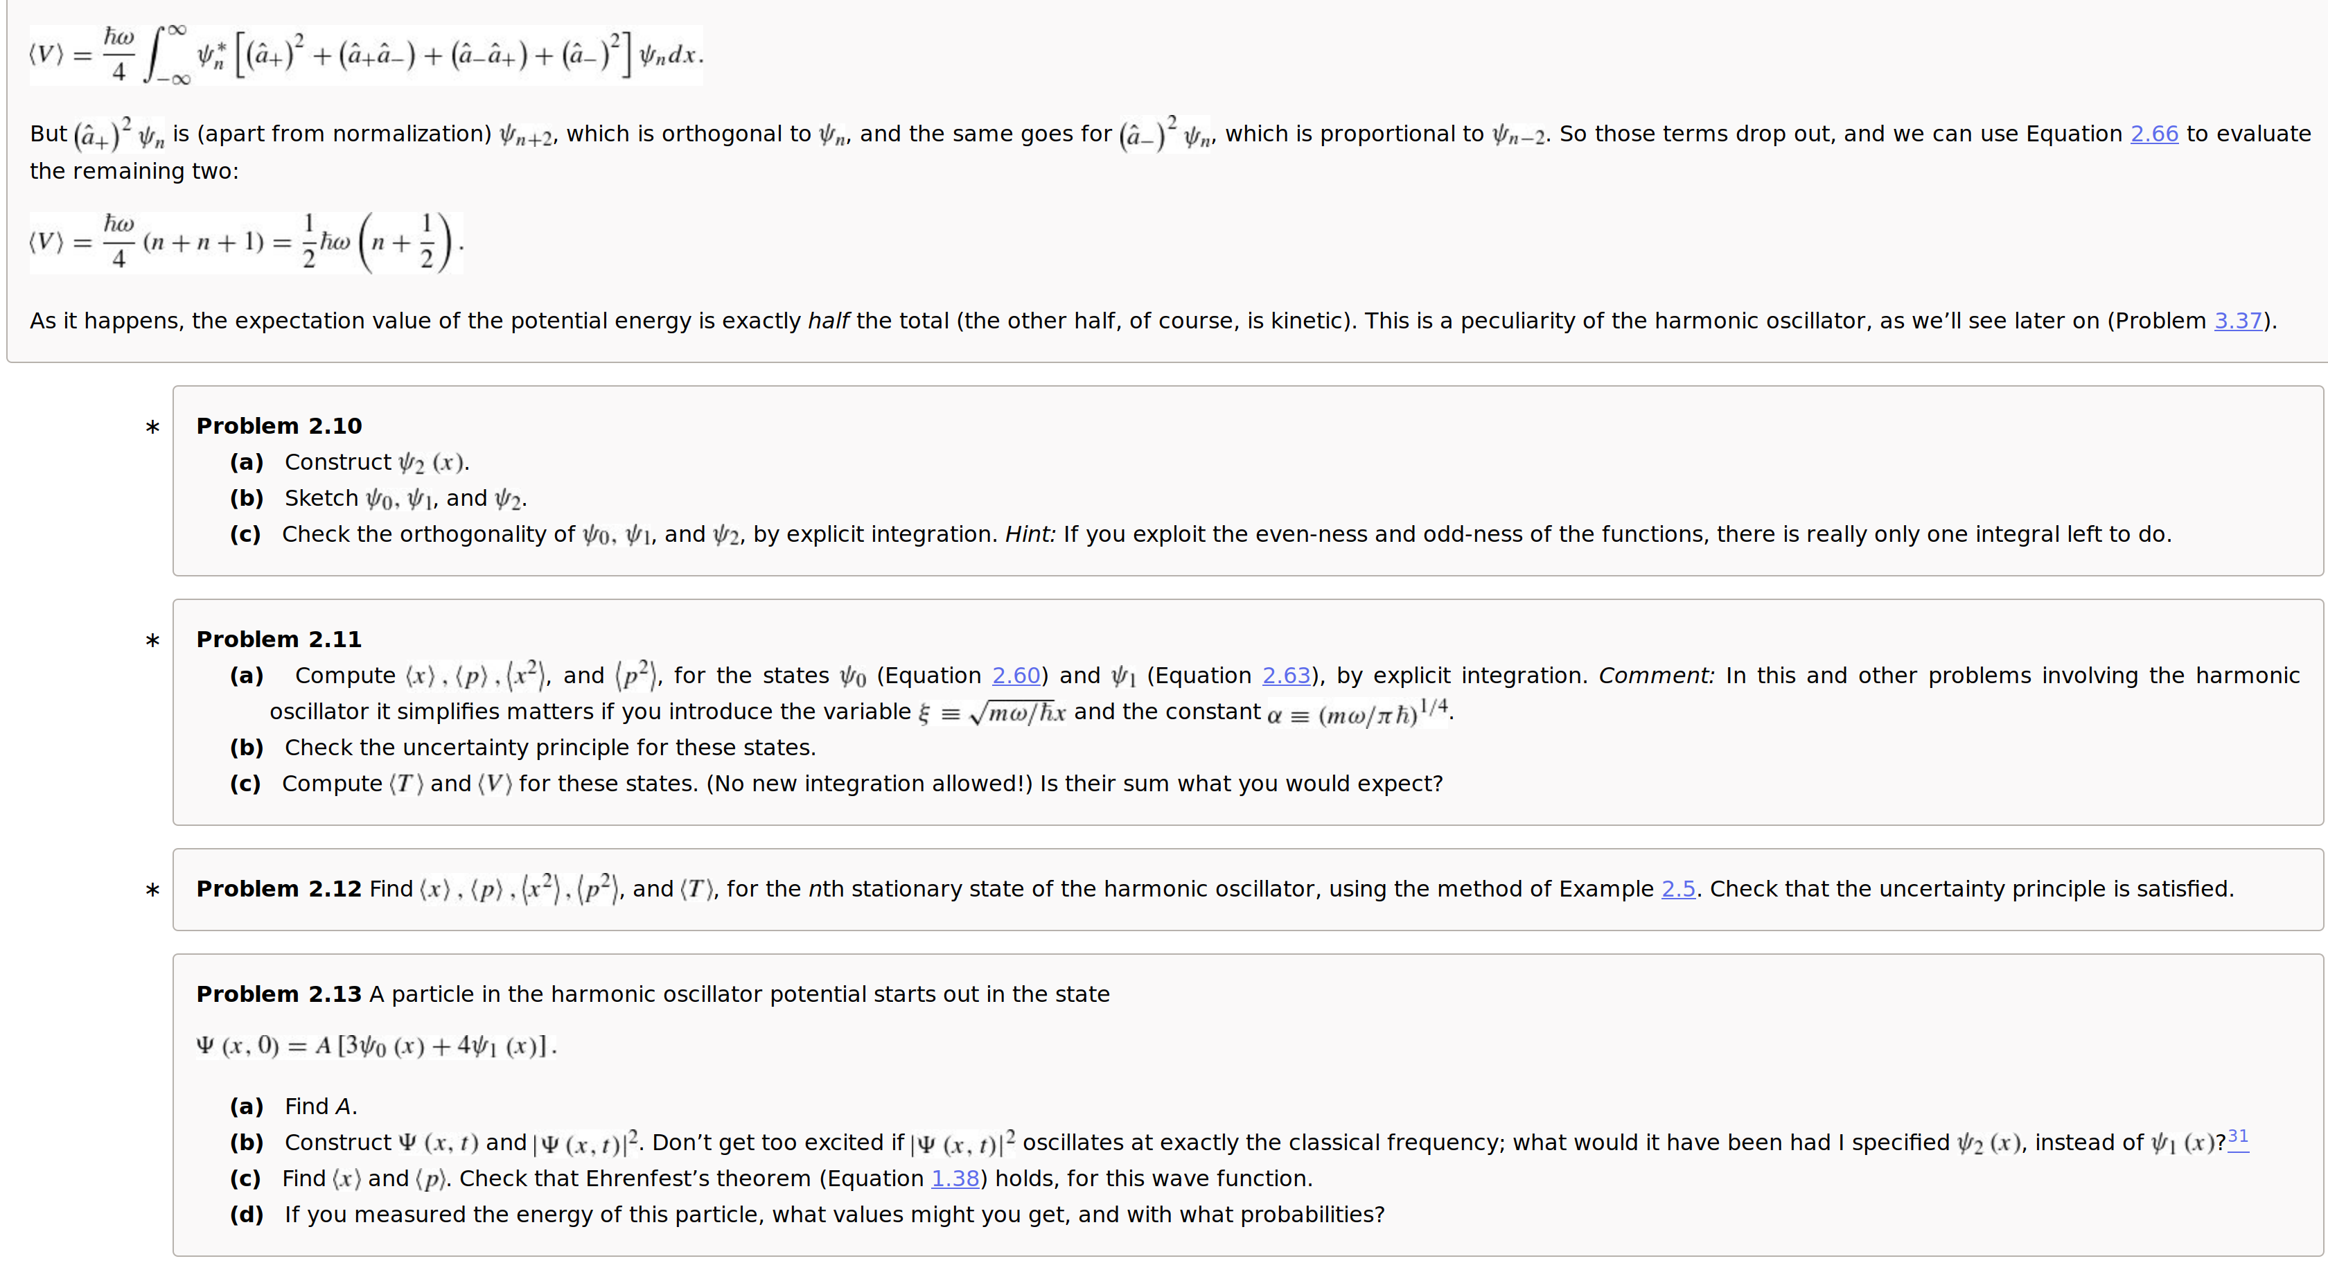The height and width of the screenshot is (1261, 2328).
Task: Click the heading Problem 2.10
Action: [279, 425]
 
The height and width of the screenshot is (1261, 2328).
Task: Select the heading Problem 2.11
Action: [279, 639]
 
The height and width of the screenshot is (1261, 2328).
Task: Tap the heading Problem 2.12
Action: [279, 888]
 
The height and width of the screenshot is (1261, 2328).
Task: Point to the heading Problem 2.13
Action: [279, 994]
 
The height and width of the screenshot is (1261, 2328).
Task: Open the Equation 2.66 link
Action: [2153, 134]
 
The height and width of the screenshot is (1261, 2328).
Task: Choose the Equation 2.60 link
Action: [1016, 676]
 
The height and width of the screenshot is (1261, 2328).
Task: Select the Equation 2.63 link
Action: [1286, 676]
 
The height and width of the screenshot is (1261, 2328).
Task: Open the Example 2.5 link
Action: [1678, 888]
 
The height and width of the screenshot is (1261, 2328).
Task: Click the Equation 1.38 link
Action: [955, 1178]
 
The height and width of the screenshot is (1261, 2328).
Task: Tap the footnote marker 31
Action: [2238, 1137]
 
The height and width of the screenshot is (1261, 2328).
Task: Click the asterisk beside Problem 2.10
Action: [152, 427]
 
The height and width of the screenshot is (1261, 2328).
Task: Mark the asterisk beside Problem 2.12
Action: [152, 890]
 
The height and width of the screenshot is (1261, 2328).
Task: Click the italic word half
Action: [828, 321]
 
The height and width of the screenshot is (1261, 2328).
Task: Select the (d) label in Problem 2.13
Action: [247, 1214]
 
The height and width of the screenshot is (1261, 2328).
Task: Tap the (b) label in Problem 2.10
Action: [247, 498]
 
